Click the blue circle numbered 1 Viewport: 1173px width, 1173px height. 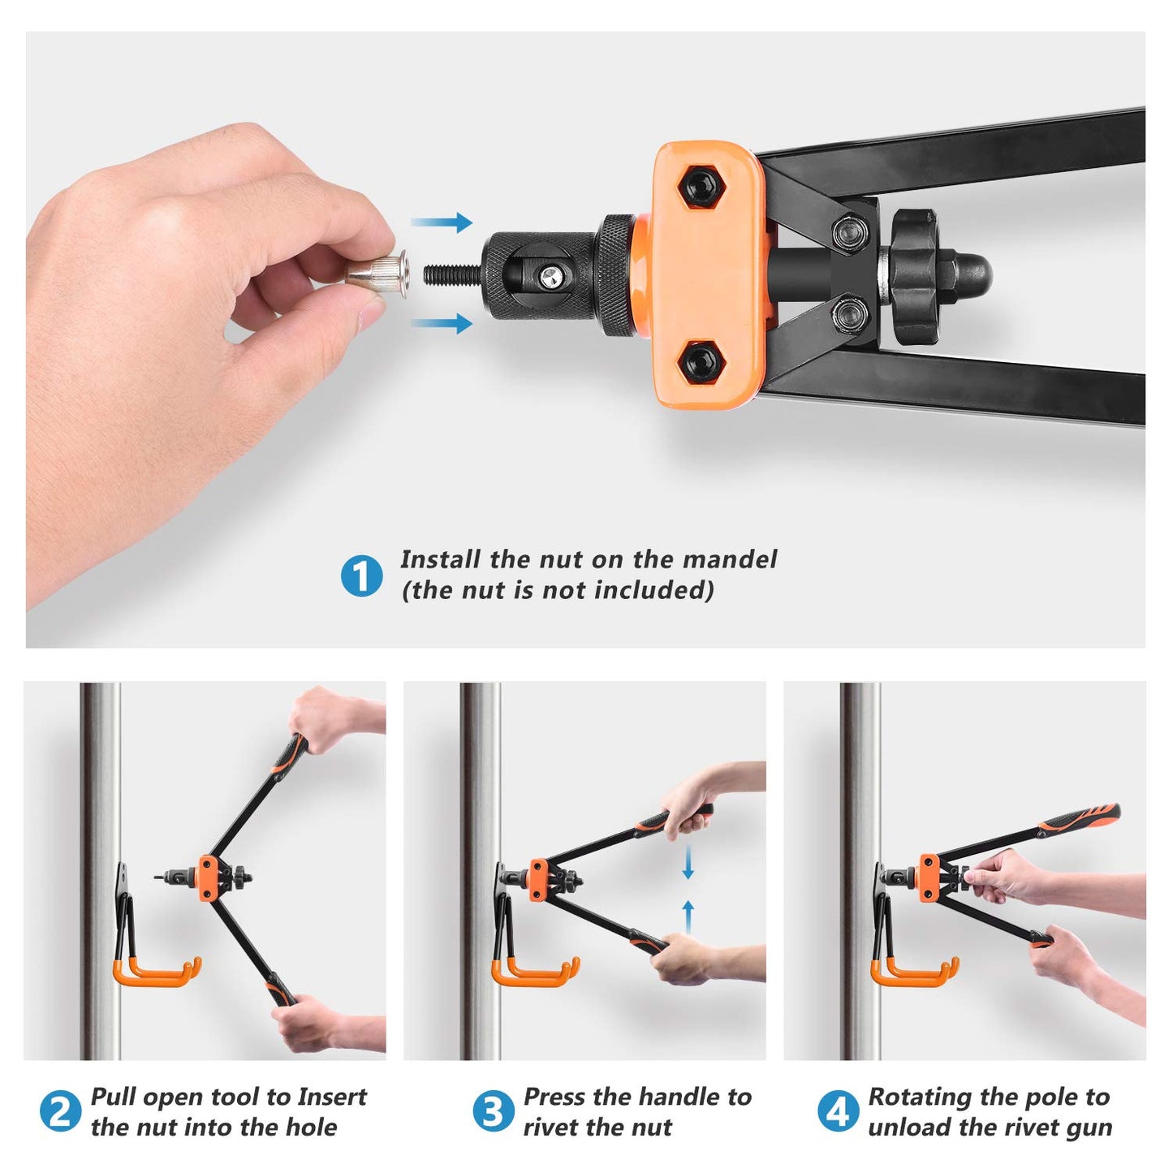click(x=361, y=575)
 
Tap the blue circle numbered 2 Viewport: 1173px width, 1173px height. click(x=60, y=1110)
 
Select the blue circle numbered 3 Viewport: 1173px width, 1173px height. click(x=494, y=1110)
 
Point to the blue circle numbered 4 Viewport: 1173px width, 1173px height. click(x=839, y=1110)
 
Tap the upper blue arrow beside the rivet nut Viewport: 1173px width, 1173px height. click(x=442, y=222)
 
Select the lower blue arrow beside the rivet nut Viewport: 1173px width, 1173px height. click(x=442, y=322)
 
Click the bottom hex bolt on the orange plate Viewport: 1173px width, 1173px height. click(x=701, y=362)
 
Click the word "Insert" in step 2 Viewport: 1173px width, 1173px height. click(x=331, y=1097)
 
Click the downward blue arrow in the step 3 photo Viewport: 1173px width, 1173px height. click(x=688, y=860)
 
